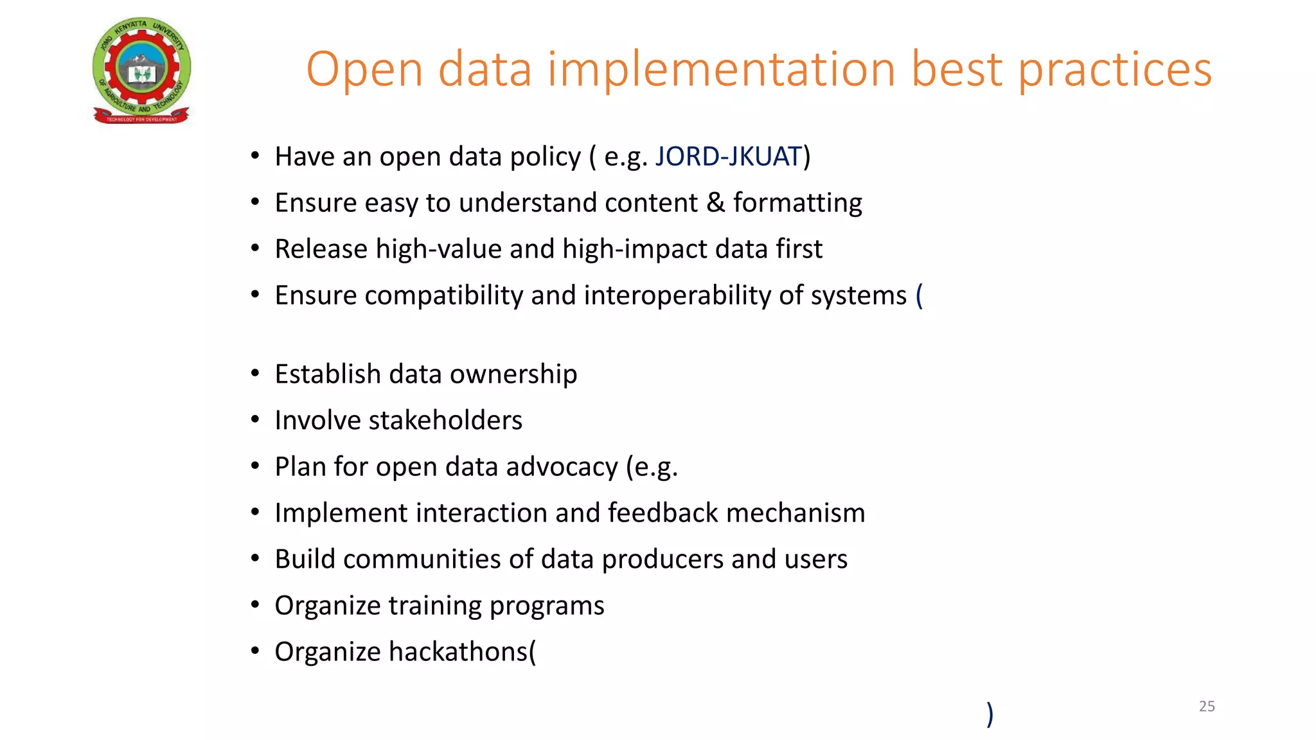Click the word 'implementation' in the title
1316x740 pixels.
tap(722, 69)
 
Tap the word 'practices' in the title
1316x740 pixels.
tap(1115, 69)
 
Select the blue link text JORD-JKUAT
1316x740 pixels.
tap(729, 157)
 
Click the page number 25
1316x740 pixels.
tap(1207, 706)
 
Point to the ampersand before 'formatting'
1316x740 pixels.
tap(715, 203)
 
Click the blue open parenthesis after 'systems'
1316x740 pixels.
tap(919, 295)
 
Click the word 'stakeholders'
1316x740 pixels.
tap(445, 421)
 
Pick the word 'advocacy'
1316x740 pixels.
tap(562, 467)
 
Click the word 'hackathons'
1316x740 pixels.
tap(458, 652)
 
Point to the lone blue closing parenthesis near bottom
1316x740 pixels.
tap(990, 714)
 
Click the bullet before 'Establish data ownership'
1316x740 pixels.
tap(255, 373)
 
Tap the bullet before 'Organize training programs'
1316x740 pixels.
tap(255, 604)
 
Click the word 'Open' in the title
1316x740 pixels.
tap(364, 69)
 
